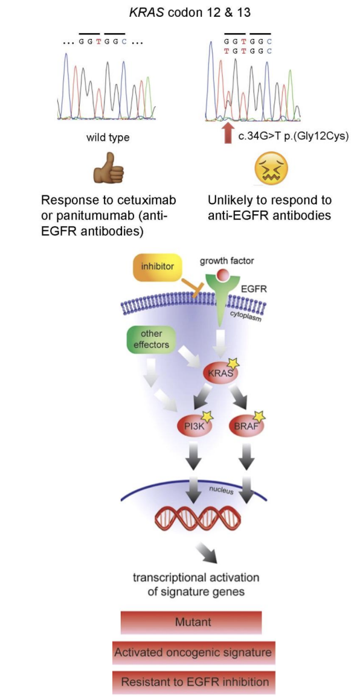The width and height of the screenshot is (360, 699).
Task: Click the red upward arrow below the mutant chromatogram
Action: point(227,133)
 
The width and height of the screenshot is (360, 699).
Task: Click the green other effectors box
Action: point(151,339)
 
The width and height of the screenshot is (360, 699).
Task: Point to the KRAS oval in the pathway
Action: point(219,373)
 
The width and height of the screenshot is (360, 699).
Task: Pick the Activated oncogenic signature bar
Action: point(192,652)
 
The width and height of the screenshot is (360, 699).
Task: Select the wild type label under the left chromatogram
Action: point(108,138)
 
